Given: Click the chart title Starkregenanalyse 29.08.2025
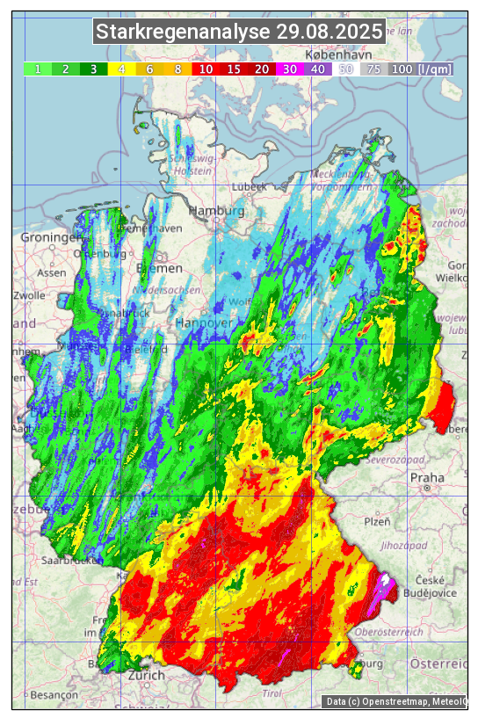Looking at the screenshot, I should pyautogui.click(x=239, y=33).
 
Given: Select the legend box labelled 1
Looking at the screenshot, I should pyautogui.click(x=38, y=69).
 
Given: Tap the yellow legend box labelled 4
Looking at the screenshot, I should pyautogui.click(x=122, y=69).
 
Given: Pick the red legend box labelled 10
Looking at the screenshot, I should pyautogui.click(x=206, y=69).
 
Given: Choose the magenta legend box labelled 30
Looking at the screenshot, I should pyautogui.click(x=290, y=69).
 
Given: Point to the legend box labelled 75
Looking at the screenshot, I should pyautogui.click(x=374, y=69).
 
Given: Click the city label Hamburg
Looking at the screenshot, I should pyautogui.click(x=216, y=212).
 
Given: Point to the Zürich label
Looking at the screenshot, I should pyautogui.click(x=146, y=675).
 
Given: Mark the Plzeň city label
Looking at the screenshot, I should pyautogui.click(x=377, y=521).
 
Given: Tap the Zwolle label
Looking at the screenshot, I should pyautogui.click(x=29, y=295).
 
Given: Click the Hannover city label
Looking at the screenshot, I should pyautogui.click(x=206, y=323).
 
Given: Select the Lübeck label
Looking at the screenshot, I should pyautogui.click(x=250, y=187).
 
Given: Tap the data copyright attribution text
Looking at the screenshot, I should pyautogui.click(x=395, y=701).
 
